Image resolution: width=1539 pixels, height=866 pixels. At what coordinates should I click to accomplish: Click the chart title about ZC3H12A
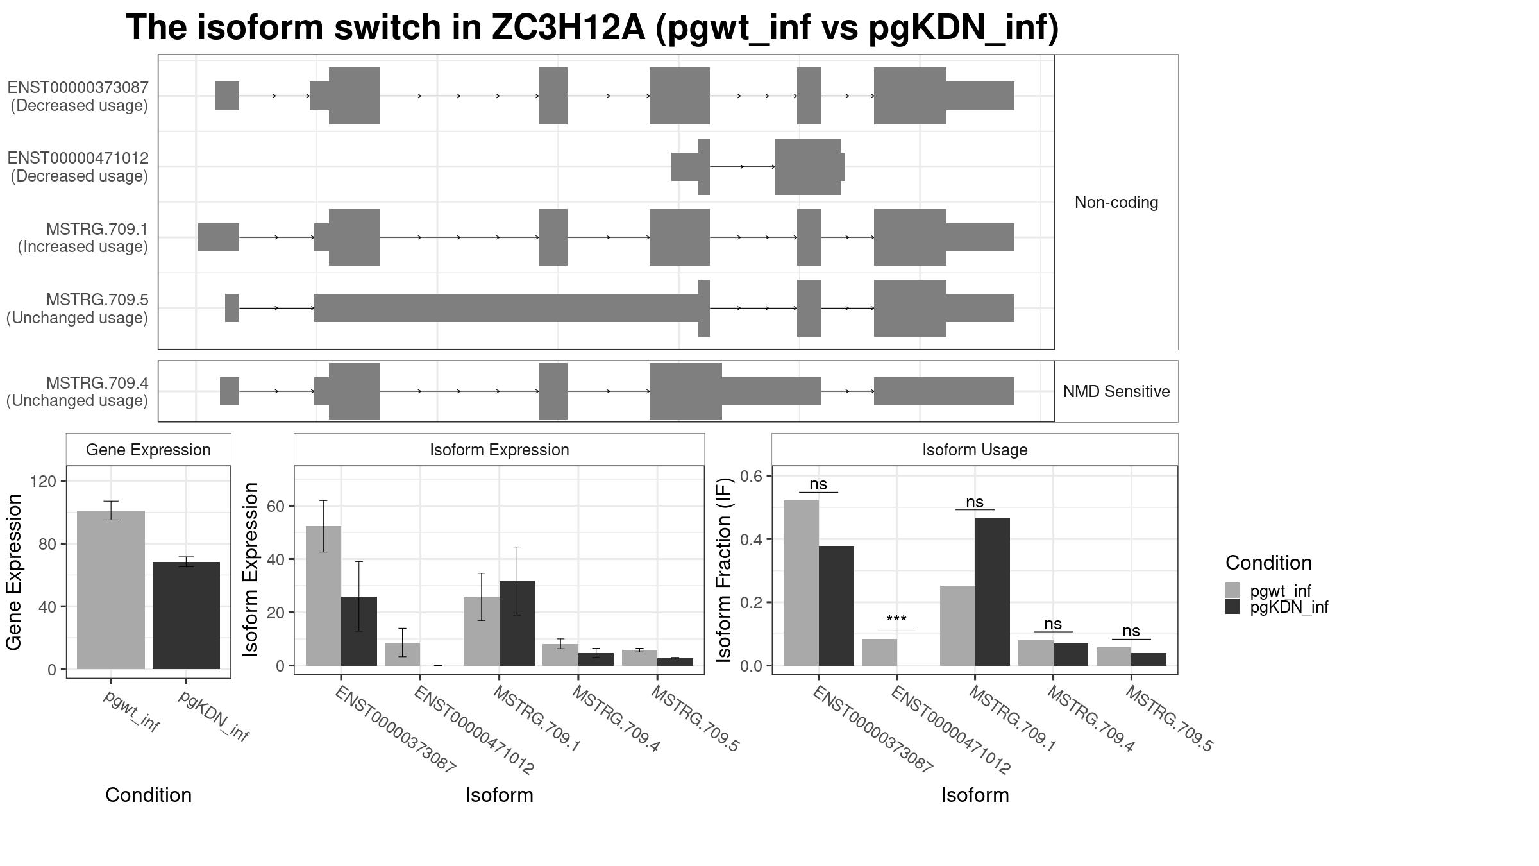(x=592, y=28)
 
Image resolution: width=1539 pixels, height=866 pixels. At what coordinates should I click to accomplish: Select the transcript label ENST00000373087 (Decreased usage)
(x=78, y=96)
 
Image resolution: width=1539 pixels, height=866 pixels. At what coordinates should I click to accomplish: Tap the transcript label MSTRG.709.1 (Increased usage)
(x=83, y=238)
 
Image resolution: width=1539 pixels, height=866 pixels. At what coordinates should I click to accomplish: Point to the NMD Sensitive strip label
(x=1116, y=391)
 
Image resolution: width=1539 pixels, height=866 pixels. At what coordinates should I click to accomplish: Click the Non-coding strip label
(x=1116, y=202)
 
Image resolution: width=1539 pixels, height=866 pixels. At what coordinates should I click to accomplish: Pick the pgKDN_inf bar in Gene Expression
(x=186, y=616)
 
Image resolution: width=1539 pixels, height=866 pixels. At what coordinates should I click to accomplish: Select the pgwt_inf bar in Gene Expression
(x=111, y=590)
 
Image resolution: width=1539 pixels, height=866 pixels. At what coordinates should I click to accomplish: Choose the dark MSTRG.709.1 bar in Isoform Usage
(x=992, y=592)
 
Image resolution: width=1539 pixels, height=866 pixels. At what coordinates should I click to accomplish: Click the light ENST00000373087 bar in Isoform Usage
(x=801, y=583)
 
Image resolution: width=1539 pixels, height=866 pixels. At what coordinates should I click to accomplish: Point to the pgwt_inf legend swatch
(x=1232, y=590)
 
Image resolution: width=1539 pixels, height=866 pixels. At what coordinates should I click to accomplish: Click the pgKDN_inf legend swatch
(x=1232, y=606)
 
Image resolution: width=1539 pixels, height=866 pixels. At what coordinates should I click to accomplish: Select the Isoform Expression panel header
(x=499, y=450)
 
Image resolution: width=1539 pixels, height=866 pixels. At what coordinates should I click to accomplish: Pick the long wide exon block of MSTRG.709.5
(x=506, y=308)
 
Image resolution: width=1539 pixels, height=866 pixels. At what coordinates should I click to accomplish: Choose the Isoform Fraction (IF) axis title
(x=724, y=570)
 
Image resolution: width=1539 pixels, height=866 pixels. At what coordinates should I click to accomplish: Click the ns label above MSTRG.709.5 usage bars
(x=1131, y=631)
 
